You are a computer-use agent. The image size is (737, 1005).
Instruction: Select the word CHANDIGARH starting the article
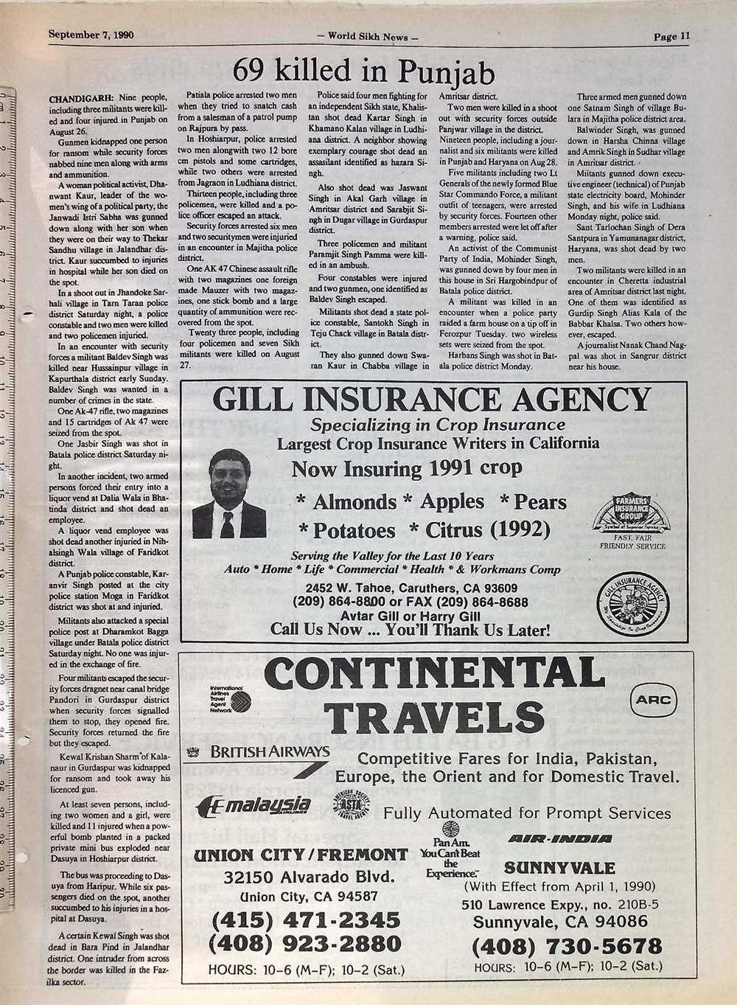80,98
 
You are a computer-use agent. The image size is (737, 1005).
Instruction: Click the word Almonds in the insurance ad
354,502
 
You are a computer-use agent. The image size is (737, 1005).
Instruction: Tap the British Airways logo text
269,752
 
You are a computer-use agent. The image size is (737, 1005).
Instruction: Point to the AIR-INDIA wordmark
560,839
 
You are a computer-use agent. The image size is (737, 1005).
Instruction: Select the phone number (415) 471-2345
306,920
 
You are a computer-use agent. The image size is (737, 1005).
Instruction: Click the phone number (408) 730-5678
566,946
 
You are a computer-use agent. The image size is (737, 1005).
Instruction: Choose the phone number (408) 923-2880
306,944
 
